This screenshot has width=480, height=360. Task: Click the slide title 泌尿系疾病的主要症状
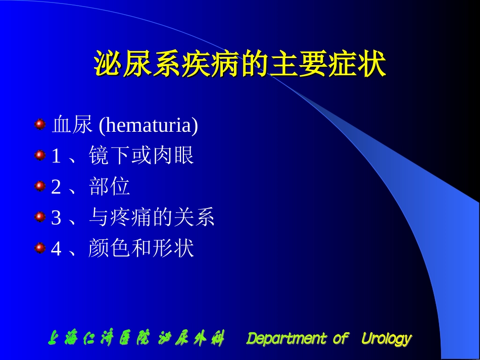coord(240,65)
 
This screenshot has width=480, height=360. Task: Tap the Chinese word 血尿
coord(72,126)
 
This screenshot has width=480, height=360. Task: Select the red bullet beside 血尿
coord(40,124)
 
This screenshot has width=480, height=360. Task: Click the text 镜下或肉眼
coord(141,156)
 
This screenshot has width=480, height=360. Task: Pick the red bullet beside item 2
coord(40,186)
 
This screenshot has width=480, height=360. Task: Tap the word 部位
coord(110,187)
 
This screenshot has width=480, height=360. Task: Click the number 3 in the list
coord(56,218)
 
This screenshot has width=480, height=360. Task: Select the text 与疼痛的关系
coord(152,218)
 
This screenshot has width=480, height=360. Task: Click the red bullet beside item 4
coord(40,248)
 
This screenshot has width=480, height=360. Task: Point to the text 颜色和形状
coord(141,248)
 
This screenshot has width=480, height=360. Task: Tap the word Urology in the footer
coord(387,339)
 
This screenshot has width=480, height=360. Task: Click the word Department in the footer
coord(286,339)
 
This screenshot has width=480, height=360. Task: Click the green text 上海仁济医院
coord(99,339)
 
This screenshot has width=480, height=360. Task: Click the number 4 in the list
coord(56,249)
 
